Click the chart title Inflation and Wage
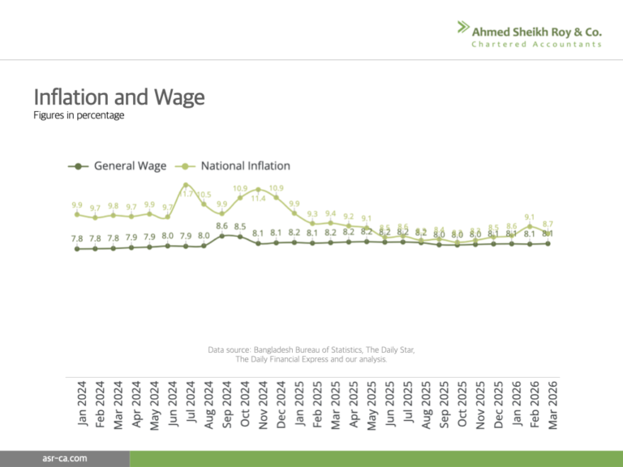coord(118,98)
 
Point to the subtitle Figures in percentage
coord(79,116)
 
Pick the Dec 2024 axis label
coord(281,401)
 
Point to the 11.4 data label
coord(259,198)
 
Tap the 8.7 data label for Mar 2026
coord(548,224)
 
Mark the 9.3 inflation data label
coord(313,214)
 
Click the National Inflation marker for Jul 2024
coord(186,185)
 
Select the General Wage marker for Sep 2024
coord(222,235)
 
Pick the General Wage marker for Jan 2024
coord(77,249)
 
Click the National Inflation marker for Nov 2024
coord(259,189)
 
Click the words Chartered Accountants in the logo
coord(537,44)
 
